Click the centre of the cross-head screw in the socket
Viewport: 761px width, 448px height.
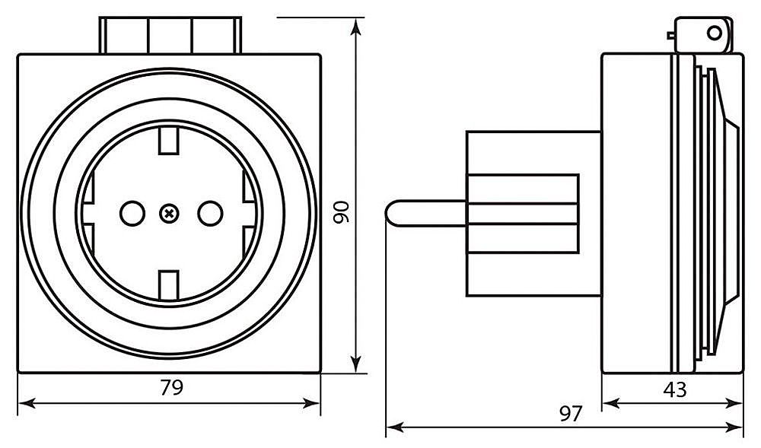click(169, 213)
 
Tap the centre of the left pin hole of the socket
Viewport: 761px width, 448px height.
click(132, 213)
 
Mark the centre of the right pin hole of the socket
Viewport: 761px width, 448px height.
click(210, 213)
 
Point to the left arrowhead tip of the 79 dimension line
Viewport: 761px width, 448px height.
click(18, 403)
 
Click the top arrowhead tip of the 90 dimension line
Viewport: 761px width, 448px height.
click(357, 18)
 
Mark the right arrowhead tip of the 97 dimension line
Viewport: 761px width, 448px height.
click(743, 427)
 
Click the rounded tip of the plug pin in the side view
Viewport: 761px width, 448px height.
click(387, 213)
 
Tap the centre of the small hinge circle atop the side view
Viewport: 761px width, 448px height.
click(715, 33)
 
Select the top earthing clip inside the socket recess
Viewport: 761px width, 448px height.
click(169, 141)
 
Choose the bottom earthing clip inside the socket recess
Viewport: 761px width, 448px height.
click(169, 285)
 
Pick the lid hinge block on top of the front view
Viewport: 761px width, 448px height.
click(170, 35)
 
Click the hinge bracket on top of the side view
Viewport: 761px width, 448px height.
click(702, 34)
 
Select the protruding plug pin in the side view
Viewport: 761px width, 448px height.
click(426, 213)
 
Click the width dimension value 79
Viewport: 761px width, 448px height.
click(172, 387)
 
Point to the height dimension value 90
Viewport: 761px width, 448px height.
click(341, 212)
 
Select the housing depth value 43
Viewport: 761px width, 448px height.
click(674, 389)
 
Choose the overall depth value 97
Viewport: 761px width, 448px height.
click(570, 414)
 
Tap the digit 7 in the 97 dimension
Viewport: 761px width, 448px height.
click(577, 414)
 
